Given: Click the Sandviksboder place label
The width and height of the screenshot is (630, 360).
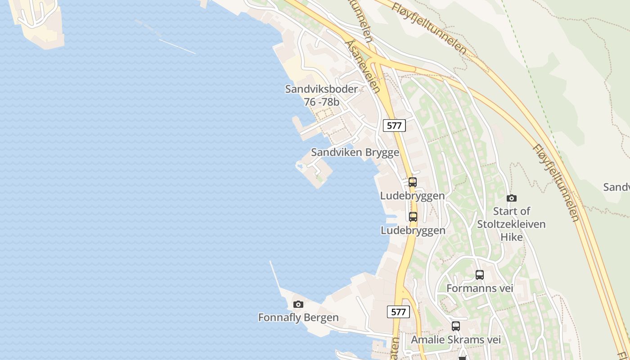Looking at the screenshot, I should (x=321, y=89).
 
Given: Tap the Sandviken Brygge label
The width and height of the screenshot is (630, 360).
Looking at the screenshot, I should (x=355, y=153).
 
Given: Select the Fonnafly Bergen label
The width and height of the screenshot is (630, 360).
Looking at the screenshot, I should (x=298, y=318).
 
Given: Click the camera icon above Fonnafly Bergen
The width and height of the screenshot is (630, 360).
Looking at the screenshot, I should (x=298, y=305).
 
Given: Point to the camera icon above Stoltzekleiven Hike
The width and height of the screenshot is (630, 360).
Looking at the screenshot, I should (x=511, y=198).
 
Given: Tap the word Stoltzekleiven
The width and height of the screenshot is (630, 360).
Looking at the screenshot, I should (x=511, y=224).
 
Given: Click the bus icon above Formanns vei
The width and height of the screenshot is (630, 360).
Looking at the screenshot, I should (x=480, y=275).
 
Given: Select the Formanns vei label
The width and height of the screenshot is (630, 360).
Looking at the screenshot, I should (x=480, y=288).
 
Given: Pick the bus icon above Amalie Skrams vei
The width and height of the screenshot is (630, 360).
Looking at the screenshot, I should (x=456, y=326).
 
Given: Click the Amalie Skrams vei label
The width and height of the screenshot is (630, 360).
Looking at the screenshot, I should (x=456, y=340).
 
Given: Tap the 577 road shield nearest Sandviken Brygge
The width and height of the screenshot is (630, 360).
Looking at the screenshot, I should (x=394, y=126).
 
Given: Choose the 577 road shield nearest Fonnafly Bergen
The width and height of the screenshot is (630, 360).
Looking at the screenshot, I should (x=399, y=312).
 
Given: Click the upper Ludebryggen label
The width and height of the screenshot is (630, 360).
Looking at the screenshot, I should (x=413, y=196).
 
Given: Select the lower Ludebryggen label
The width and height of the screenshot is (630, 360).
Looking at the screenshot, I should (x=413, y=230).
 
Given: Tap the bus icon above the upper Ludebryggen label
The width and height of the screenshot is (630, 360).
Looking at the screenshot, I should (x=413, y=182).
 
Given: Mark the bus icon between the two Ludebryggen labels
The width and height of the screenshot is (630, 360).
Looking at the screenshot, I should (x=413, y=217).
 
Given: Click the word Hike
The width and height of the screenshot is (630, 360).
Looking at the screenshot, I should (x=512, y=237).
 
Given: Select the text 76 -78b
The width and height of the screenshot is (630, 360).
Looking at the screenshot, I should (x=321, y=102).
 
